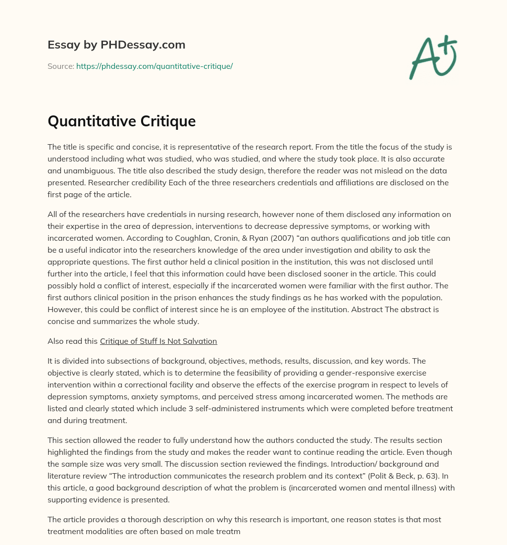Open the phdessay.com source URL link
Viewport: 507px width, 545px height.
coord(154,66)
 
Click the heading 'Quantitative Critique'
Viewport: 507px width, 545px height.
coord(121,121)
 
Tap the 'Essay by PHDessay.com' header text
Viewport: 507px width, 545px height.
coord(116,45)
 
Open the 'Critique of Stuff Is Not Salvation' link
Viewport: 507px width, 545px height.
coord(158,341)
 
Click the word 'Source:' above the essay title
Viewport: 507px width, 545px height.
coord(60,66)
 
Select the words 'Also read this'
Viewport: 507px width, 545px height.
coord(72,341)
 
